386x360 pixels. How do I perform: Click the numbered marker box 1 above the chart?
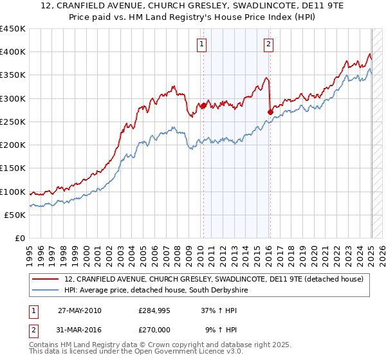[202, 44]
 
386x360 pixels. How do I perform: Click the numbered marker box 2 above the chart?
[268, 44]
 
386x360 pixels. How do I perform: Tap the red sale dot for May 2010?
[203, 105]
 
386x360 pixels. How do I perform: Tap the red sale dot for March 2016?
[270, 112]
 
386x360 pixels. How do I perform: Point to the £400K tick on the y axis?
[13, 52]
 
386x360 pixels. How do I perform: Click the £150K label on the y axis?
[13, 168]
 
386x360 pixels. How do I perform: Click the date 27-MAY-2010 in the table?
[80, 310]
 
